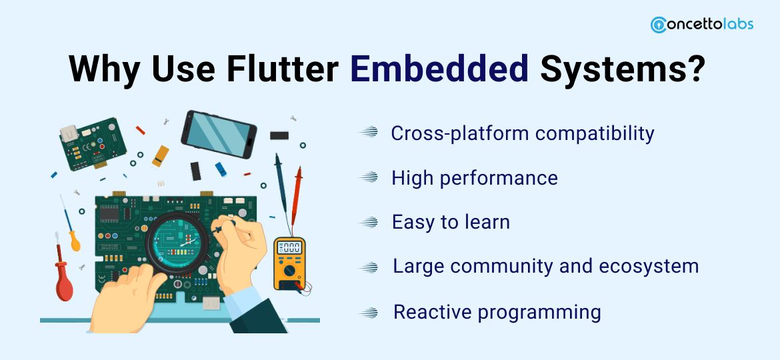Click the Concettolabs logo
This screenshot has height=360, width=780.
[702, 25]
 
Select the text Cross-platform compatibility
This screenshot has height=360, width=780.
[522, 133]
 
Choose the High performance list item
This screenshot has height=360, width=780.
[475, 177]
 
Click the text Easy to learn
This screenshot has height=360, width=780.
[451, 222]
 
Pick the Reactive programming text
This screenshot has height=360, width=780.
[497, 312]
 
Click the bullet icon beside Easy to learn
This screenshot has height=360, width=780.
[369, 222]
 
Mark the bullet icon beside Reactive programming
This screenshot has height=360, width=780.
[369, 312]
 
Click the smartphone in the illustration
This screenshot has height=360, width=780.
[219, 135]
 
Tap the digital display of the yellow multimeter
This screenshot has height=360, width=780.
[289, 247]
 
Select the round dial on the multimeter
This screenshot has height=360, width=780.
[289, 271]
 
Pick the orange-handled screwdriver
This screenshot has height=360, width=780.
[69, 226]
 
